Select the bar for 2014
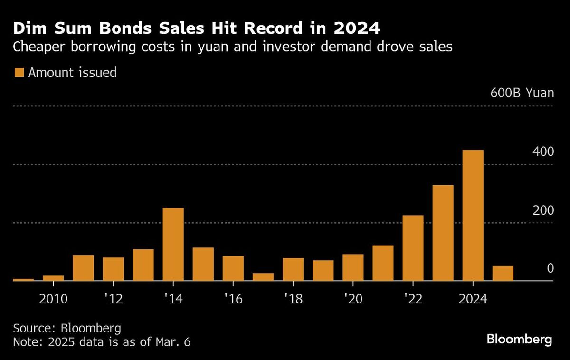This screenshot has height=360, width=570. pos(173,244)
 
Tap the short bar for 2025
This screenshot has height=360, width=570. pos(503,273)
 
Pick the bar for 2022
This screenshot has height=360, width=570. pos(413,248)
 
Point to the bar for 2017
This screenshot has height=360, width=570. pos(263,276)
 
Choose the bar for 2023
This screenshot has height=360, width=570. pos(443,233)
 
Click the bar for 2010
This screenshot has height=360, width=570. pos(53,278)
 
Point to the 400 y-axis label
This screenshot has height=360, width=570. pos(542,152)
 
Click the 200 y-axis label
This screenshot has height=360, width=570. pos(542,210)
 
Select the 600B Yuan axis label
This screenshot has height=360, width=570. pos(522,93)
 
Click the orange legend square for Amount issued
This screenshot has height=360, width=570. pos(19,73)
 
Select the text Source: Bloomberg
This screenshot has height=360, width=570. pos(67,328)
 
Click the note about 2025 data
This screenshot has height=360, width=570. pos(102,342)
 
